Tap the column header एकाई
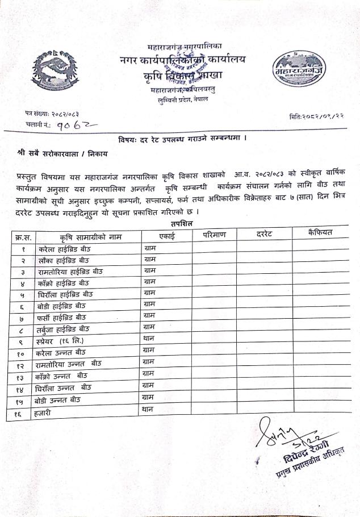click(168, 235)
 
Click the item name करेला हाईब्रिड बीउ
click(65, 249)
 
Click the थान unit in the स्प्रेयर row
click(149, 339)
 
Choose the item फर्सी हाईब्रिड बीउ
click(62, 317)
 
